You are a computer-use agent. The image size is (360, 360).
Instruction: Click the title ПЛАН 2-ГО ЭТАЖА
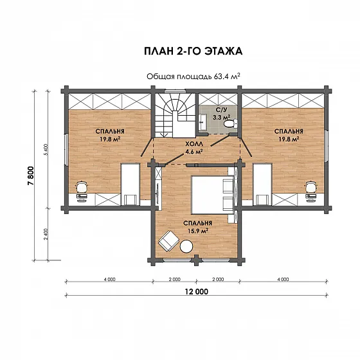[x=193, y=51]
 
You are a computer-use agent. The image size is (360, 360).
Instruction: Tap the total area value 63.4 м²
[x=227, y=76]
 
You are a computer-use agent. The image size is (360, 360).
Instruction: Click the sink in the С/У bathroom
[x=203, y=122]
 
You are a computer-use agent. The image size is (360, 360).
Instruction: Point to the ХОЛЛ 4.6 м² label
[x=194, y=148]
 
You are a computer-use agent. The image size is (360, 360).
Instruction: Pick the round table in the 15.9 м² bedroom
[x=186, y=246]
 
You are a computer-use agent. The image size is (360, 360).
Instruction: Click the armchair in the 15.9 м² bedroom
[x=168, y=241]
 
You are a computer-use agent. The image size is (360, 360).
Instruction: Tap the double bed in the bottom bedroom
[x=212, y=195]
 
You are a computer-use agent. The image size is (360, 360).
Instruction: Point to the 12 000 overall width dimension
[x=197, y=292]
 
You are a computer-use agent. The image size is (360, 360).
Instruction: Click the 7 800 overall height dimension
[x=31, y=175]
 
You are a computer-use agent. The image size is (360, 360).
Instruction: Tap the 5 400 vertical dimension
[x=45, y=150]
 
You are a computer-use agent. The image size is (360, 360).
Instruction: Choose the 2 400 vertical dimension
[x=45, y=234]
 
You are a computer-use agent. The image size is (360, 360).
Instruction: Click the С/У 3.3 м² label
[x=221, y=113]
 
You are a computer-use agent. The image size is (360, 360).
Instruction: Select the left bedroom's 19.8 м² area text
[x=110, y=139]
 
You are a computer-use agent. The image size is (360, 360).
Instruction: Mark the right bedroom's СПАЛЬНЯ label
[x=289, y=131]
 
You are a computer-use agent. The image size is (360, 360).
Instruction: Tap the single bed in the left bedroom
[x=130, y=184]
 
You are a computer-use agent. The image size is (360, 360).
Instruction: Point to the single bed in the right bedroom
[x=262, y=184]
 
